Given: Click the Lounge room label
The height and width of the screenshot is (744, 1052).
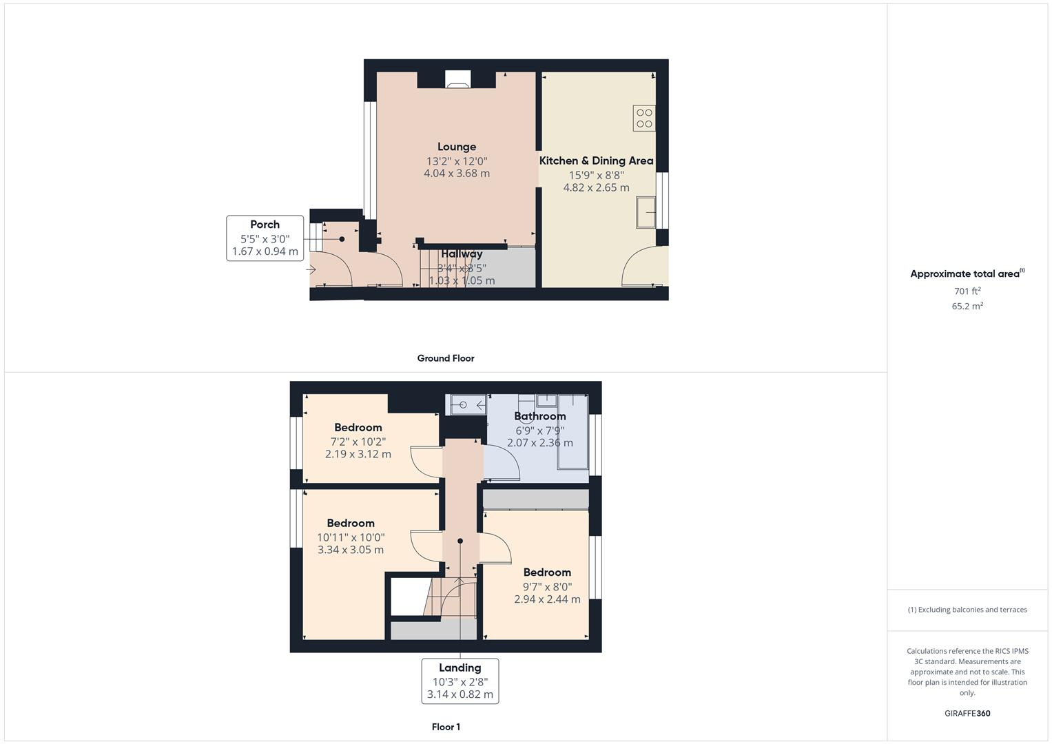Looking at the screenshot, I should click(457, 147).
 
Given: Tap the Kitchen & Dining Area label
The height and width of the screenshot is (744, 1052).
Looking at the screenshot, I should click(596, 161).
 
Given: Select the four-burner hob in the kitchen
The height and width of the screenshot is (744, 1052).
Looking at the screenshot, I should click(644, 118).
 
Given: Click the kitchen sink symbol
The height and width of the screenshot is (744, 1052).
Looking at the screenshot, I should click(646, 212).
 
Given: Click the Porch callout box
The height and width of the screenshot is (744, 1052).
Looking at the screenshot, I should click(265, 238).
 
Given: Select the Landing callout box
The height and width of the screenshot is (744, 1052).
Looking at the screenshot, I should click(460, 681).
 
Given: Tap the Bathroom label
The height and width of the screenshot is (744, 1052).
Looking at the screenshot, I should click(540, 416).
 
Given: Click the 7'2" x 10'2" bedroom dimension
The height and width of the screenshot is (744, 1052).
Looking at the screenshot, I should click(358, 442).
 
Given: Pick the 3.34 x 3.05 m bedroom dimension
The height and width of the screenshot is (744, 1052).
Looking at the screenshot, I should click(351, 550).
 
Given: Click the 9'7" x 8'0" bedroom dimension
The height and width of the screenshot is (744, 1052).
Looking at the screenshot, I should click(547, 587).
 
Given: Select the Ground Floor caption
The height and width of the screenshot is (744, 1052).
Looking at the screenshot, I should click(446, 358).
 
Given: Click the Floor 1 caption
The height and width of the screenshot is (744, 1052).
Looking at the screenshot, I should click(446, 727).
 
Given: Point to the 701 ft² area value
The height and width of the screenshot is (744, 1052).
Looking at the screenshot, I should click(967, 291).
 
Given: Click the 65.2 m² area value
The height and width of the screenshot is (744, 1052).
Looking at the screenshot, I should click(967, 306).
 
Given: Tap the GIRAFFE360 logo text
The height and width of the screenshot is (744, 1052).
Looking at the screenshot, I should click(967, 713).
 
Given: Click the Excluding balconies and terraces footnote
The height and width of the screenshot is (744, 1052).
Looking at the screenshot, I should click(967, 610).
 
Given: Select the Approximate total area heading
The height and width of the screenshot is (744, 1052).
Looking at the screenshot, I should click(967, 273).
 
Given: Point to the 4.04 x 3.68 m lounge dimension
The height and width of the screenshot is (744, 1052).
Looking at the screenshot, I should click(457, 174).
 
